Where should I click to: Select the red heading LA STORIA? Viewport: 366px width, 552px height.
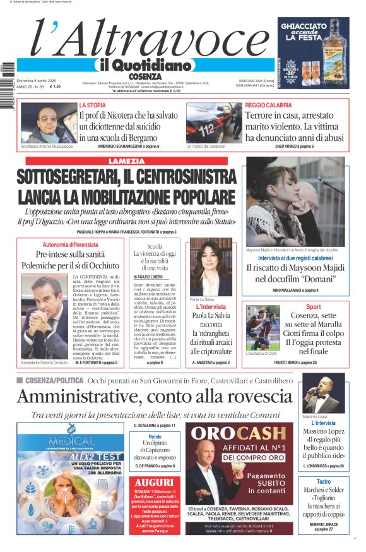(x=92, y=105)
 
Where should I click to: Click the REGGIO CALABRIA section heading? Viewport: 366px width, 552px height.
(x=268, y=105)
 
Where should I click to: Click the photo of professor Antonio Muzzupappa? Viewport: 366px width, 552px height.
(x=48, y=123)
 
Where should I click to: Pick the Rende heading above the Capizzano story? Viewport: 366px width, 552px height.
(x=155, y=436)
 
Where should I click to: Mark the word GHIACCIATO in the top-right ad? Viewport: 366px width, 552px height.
(x=314, y=28)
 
